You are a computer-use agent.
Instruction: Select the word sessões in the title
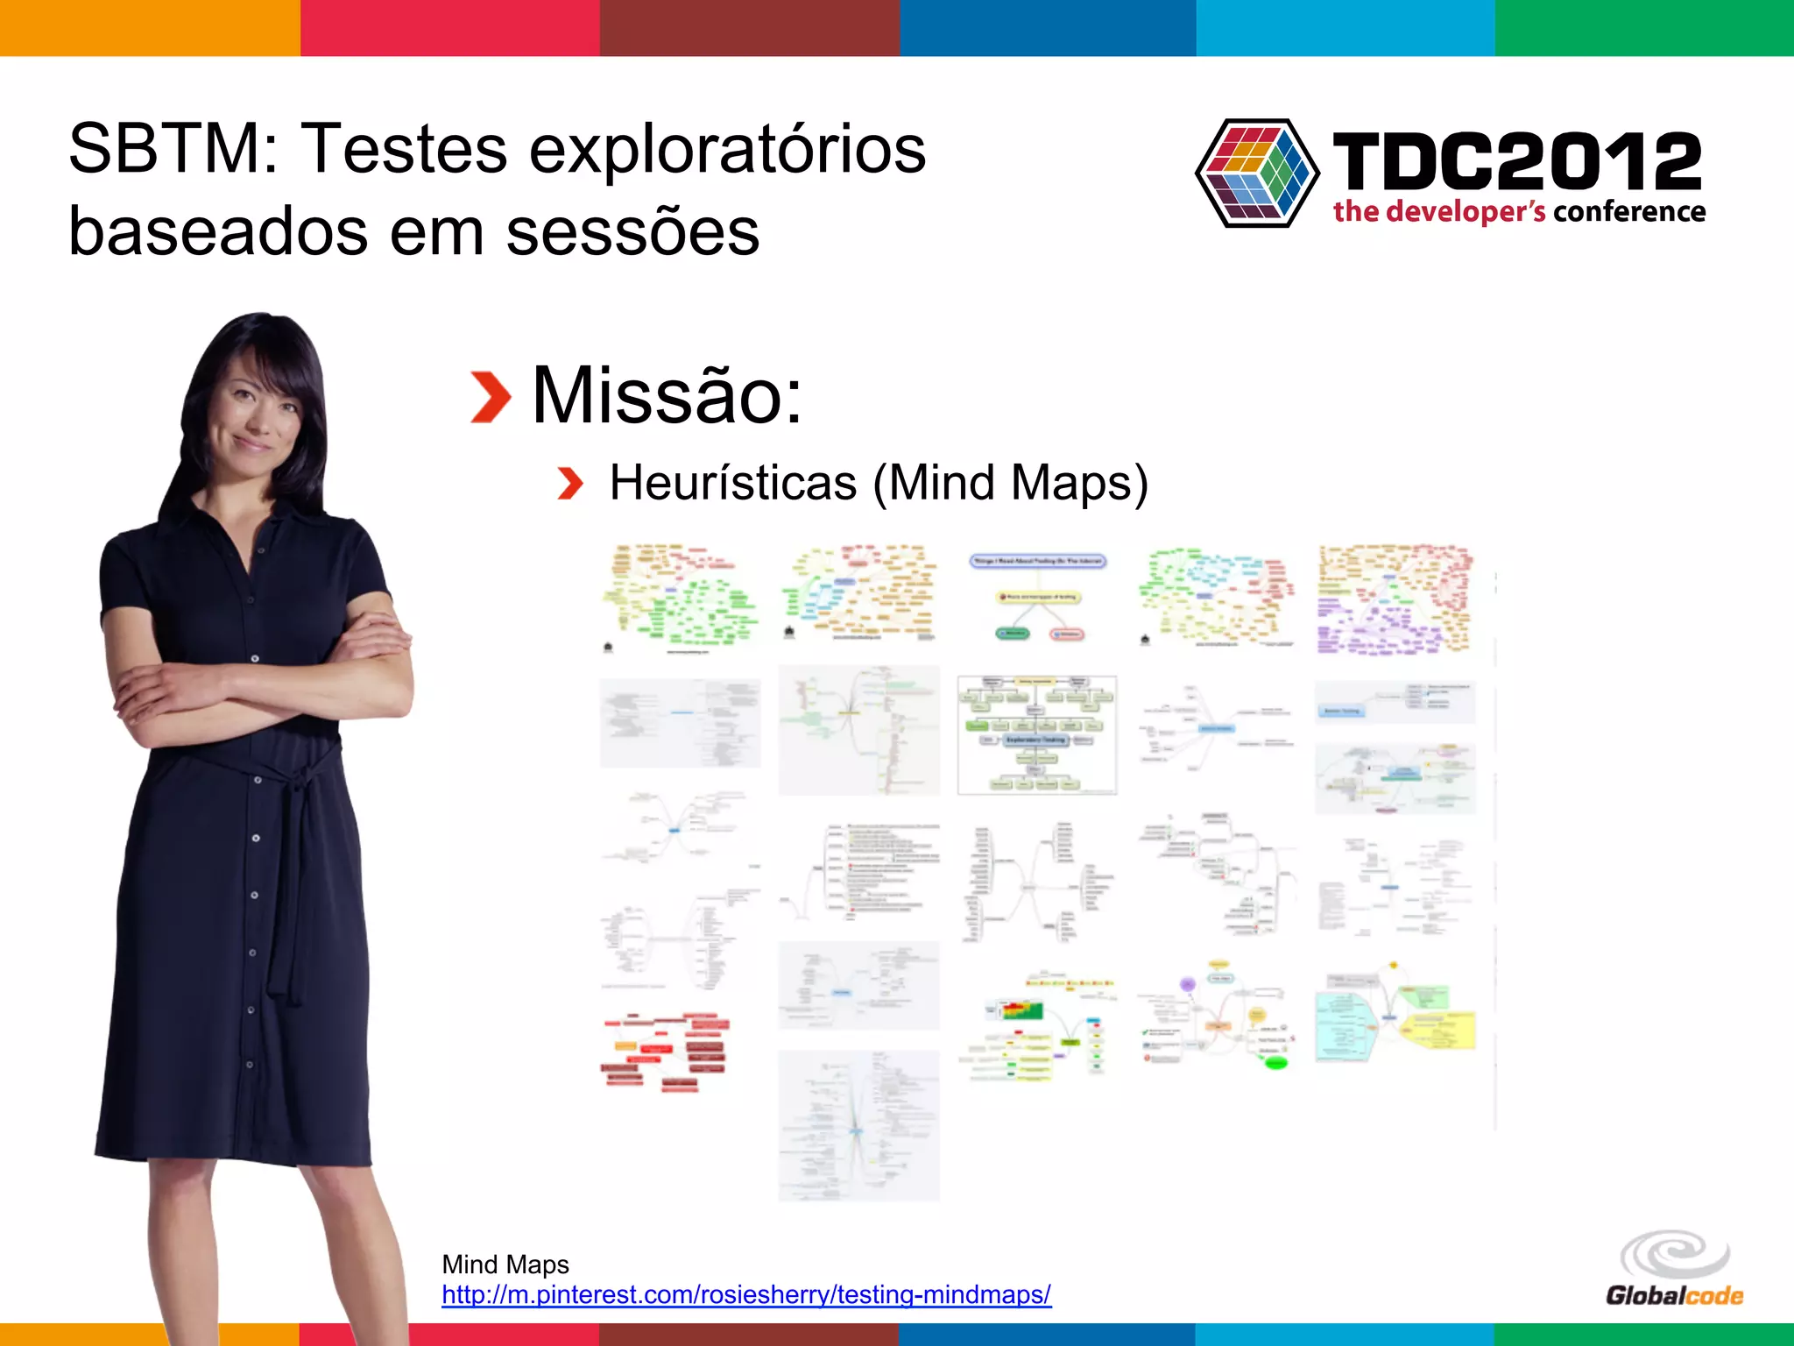pos(632,232)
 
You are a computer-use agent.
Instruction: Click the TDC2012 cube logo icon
pos(1257,174)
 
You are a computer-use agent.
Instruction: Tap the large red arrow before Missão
pos(491,397)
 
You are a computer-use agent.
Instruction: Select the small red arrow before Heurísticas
pos(570,484)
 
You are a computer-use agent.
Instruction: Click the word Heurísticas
pos(733,483)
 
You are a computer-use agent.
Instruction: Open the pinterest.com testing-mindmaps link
pos(746,1294)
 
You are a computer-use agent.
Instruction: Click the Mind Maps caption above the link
pos(505,1265)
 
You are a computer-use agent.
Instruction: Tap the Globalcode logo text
pos(1674,1296)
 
